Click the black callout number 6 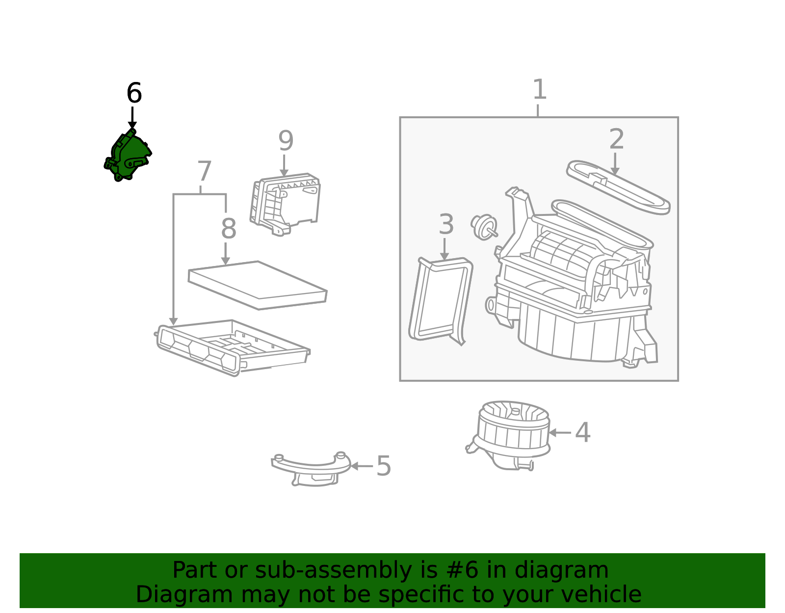134,93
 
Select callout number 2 616,139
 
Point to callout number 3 445,224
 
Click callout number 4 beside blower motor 582,432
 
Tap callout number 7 204,172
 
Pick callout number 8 229,229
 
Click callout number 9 286,141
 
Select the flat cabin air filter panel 258,285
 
